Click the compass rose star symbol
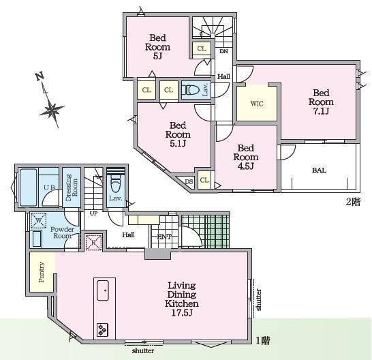pos(52,110)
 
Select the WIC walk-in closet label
pos(257,104)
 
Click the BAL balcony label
pos(319,170)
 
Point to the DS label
pos(189,182)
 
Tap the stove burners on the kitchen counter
pos(102,329)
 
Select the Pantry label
pos(42,272)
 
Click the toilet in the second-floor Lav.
pos(191,90)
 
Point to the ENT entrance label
pos(164,237)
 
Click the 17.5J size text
pos(182,313)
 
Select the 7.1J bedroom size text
pos(321,111)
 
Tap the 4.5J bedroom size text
pos(246,166)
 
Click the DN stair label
pos(223,51)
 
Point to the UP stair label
pos(93,213)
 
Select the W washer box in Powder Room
pos(38,220)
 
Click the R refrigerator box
pos(94,243)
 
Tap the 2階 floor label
pos(353,202)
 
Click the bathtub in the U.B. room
pos(29,187)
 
